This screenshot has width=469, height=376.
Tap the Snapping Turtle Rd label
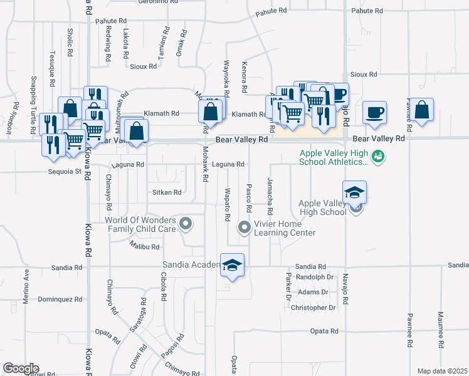[x=33, y=104]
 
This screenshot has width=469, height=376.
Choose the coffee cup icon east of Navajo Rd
[x=374, y=112]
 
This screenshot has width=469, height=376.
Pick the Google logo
[x=21, y=368]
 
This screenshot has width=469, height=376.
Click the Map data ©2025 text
[x=442, y=371]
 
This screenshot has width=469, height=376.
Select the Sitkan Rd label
[x=167, y=192]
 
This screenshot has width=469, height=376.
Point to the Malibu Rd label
[x=145, y=247]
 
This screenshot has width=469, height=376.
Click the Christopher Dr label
[x=317, y=308]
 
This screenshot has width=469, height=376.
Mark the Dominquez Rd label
[x=60, y=300]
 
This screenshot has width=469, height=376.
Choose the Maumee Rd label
[x=441, y=330]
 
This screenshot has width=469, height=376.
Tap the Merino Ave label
[x=26, y=286]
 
